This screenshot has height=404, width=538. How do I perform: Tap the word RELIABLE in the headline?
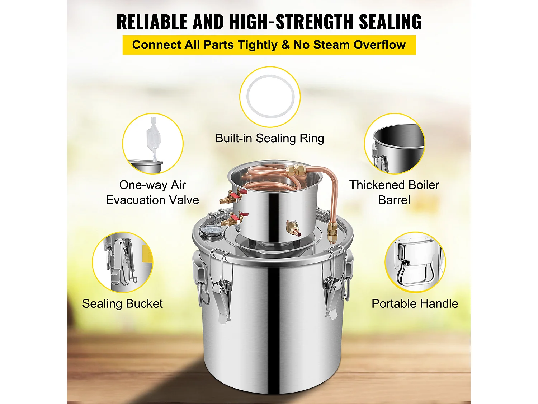[152, 22]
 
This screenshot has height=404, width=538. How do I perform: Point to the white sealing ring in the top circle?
[270, 96]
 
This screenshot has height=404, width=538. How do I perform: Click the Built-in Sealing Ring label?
[269, 138]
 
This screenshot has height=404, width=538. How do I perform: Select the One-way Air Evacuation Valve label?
[152, 192]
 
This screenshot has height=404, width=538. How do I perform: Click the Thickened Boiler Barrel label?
[394, 192]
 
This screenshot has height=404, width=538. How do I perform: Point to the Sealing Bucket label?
[122, 304]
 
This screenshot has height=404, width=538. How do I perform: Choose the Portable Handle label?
[415, 304]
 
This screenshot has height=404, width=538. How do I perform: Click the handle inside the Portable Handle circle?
[414, 266]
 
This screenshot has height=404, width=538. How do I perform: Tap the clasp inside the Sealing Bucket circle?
[120, 262]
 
